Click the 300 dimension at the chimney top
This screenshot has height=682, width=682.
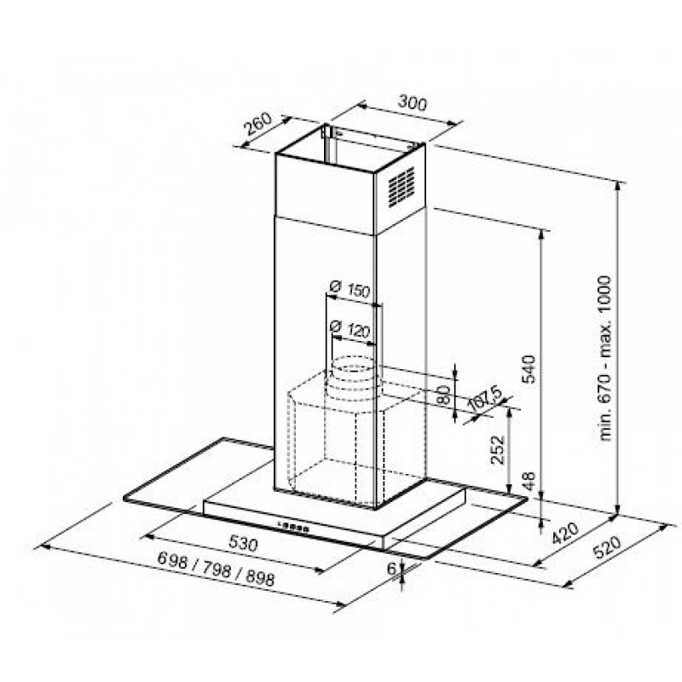click(x=413, y=103)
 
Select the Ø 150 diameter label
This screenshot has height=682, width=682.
click(x=350, y=289)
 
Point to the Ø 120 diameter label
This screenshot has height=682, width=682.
click(x=350, y=328)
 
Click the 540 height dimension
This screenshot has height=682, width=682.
click(x=529, y=369)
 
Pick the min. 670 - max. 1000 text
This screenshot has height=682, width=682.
click(x=605, y=358)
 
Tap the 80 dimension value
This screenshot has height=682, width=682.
click(x=443, y=395)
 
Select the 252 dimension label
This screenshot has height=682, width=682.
click(x=498, y=450)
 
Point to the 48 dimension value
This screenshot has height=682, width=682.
click(x=529, y=482)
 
